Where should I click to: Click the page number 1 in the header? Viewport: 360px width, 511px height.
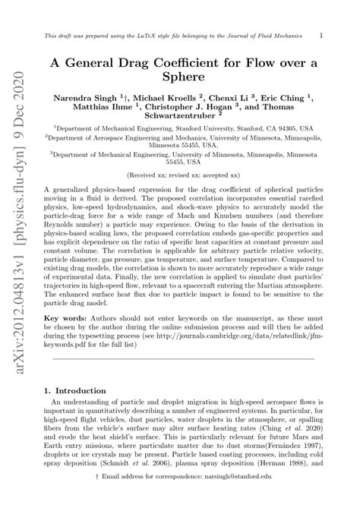(x=322, y=35)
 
